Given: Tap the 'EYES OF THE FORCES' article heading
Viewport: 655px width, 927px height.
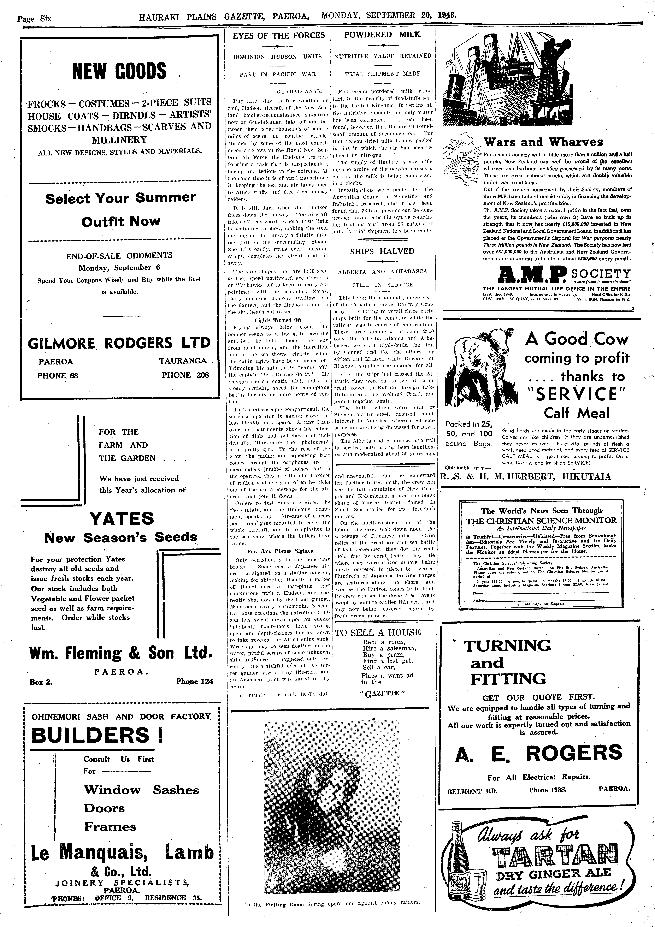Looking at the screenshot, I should pyautogui.click(x=279, y=36).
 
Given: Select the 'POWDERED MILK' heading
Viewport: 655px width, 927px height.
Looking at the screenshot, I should pyautogui.click(x=382, y=35).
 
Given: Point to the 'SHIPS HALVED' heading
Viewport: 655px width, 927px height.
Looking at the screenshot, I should pyautogui.click(x=382, y=251).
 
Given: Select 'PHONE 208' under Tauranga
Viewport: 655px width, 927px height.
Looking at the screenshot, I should pyautogui.click(x=185, y=375).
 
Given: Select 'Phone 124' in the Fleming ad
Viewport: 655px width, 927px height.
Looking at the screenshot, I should pyautogui.click(x=194, y=682).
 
